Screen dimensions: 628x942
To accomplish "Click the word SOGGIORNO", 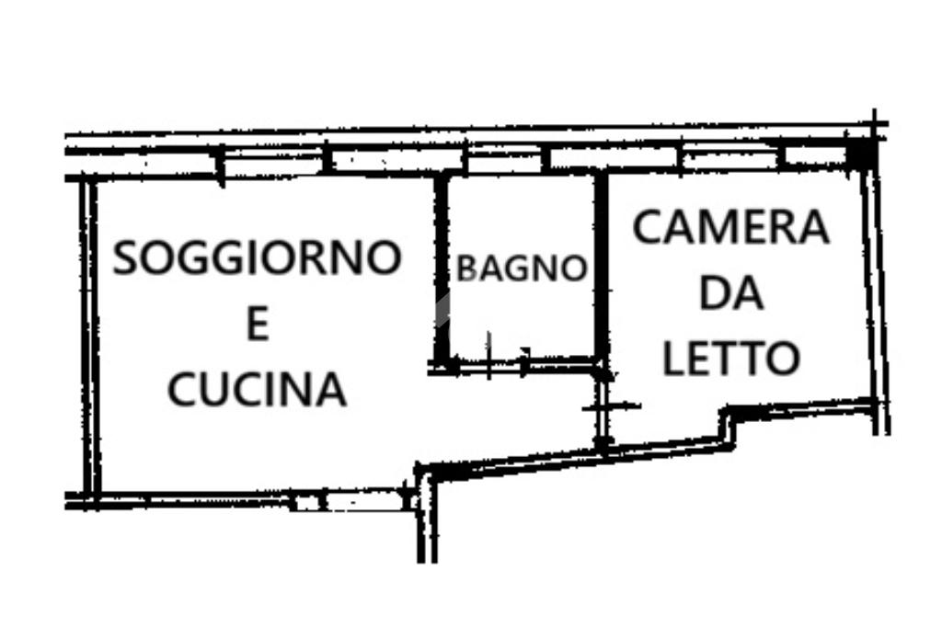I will pyautogui.click(x=257, y=257).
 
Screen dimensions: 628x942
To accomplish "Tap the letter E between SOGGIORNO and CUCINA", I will pyautogui.click(x=257, y=325).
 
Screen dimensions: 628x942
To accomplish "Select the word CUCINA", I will pyautogui.click(x=257, y=389).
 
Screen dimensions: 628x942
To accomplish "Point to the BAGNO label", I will pyautogui.click(x=522, y=268).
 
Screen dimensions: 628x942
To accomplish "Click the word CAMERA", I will pyautogui.click(x=731, y=227).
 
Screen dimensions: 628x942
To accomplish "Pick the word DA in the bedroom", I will pyautogui.click(x=731, y=294).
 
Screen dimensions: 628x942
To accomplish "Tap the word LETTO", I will pyautogui.click(x=731, y=358).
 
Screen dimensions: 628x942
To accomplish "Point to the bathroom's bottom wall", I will pyautogui.click(x=521, y=365).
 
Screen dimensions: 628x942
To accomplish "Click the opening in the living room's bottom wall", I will pyautogui.click(x=309, y=502).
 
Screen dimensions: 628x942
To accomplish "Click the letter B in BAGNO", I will pyautogui.click(x=467, y=268).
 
